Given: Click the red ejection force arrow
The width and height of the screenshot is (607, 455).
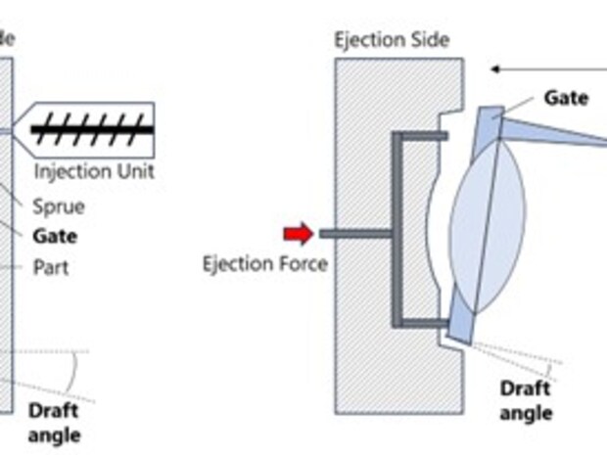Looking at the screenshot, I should click(x=299, y=233).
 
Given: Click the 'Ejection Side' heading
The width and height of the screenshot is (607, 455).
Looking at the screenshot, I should click(x=391, y=40).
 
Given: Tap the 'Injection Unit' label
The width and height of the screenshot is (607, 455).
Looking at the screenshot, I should click(x=94, y=171).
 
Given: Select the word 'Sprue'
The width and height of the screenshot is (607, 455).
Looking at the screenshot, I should click(x=59, y=206).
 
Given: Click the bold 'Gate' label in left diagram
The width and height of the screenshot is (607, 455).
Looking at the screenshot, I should click(x=55, y=236).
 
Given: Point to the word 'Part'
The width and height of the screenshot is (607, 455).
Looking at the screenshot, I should click(x=51, y=266).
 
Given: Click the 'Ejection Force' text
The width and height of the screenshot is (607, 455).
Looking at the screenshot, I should click(x=264, y=263).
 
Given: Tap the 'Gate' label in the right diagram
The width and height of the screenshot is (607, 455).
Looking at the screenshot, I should click(x=566, y=97).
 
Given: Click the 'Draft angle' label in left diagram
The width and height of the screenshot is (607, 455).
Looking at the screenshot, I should click(x=55, y=422).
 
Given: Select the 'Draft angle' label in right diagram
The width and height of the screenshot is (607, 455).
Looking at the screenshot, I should click(x=526, y=400).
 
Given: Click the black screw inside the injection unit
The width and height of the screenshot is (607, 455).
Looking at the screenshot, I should click(x=92, y=128).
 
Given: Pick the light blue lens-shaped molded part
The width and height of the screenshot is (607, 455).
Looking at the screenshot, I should click(x=487, y=225).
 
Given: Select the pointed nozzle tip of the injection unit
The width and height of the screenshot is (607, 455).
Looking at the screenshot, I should click(x=23, y=129).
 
